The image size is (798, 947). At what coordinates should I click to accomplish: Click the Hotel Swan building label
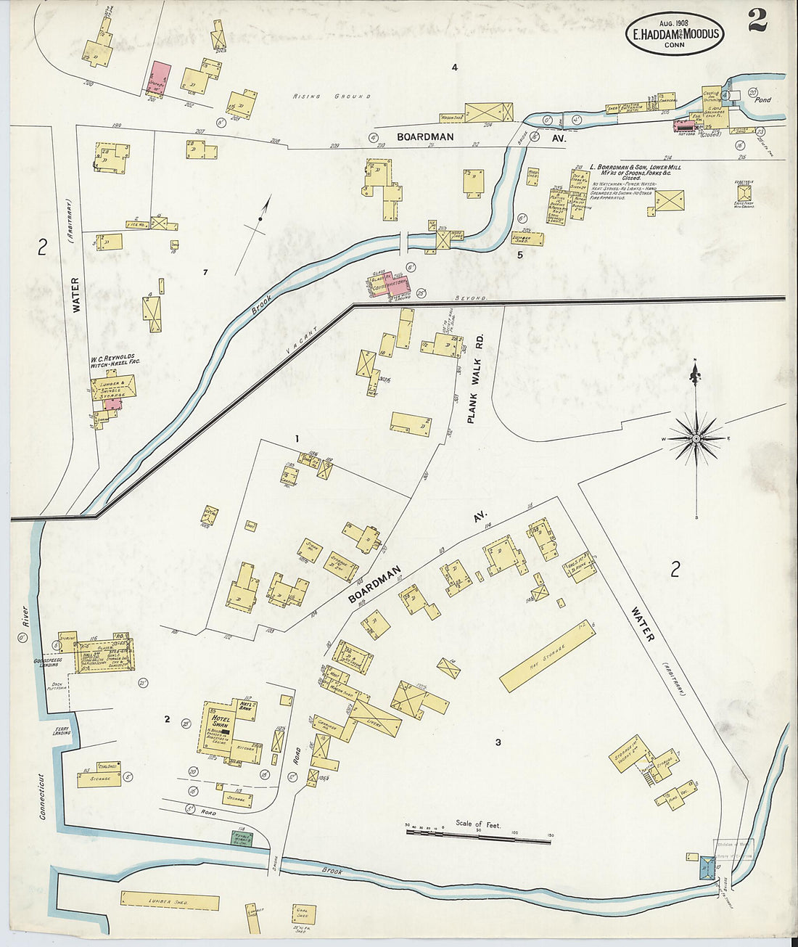point(220,721)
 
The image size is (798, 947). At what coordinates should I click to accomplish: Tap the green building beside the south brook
point(240,837)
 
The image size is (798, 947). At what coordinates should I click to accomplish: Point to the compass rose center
point(696,438)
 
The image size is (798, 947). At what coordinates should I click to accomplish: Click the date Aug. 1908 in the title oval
point(674,22)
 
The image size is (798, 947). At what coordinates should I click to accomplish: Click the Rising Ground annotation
point(332,96)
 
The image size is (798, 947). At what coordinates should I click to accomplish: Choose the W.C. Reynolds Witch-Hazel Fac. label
point(113,361)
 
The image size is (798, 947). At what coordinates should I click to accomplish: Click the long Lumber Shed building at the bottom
point(169,901)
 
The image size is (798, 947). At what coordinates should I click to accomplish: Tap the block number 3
point(498,742)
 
